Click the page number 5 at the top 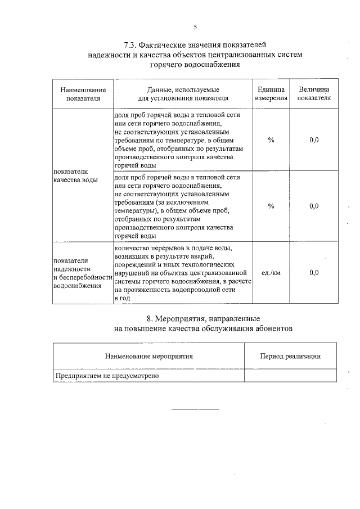coord(195,27)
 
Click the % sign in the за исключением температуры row coord(271,206)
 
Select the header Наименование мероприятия coord(148,356)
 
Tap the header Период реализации coord(290,356)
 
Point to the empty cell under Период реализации coord(290,376)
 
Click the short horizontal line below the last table coord(195,409)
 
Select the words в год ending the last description coord(121,298)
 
